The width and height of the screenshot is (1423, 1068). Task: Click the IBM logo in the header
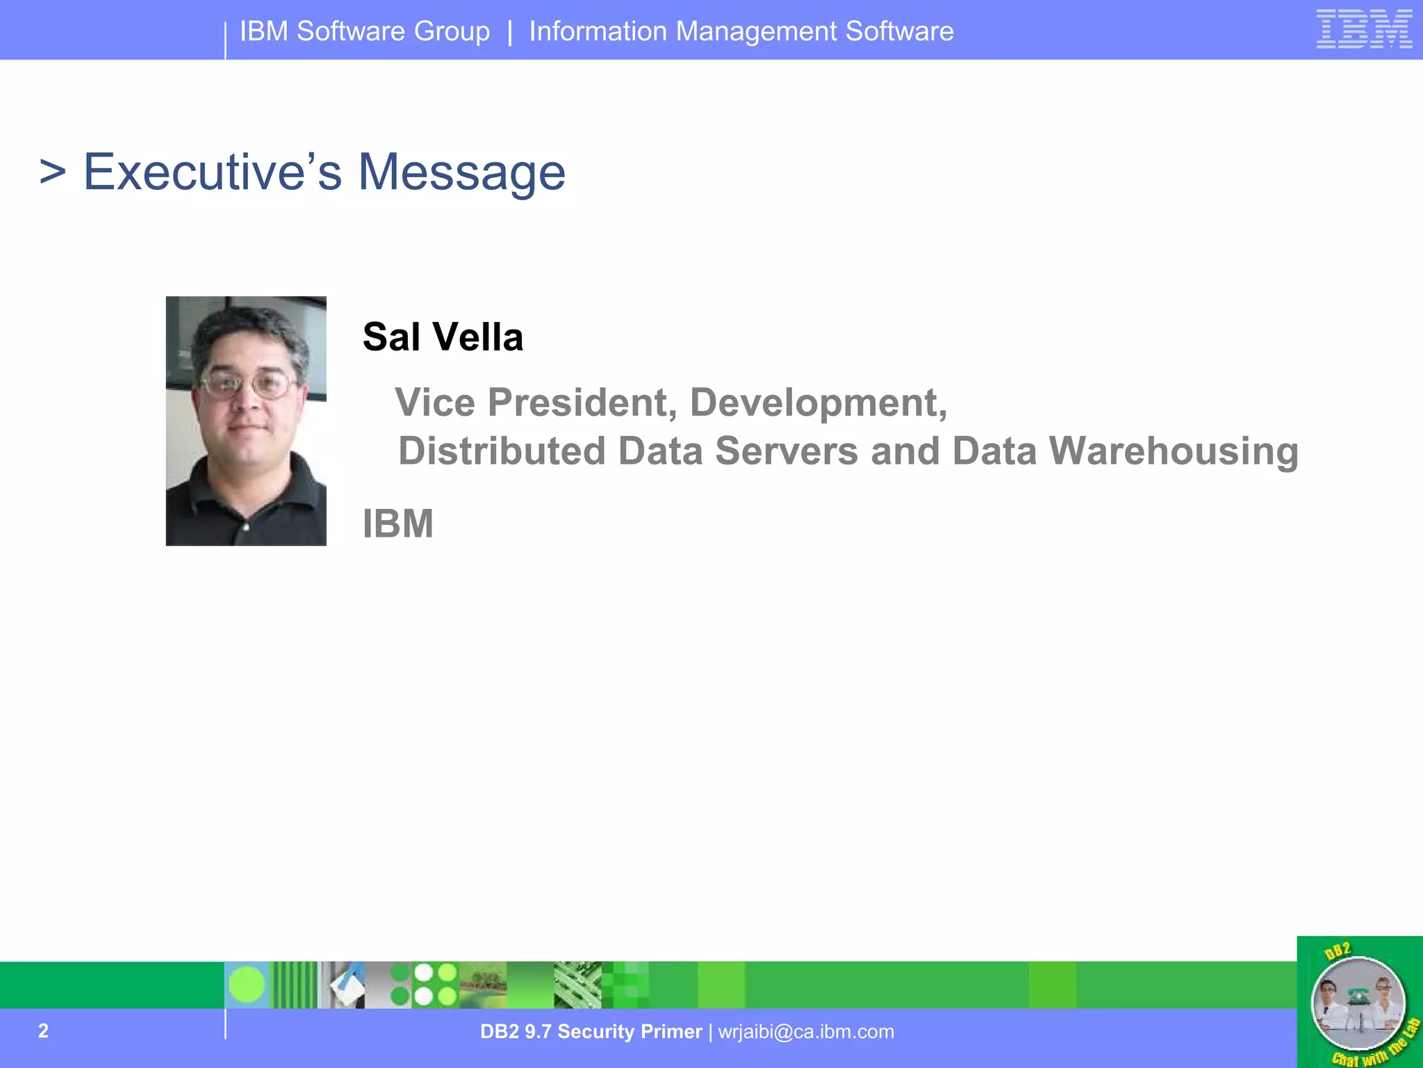[1364, 29]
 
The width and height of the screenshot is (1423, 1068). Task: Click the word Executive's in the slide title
[213, 172]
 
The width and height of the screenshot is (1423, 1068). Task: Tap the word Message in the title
[461, 173]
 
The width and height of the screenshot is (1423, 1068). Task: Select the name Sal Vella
[443, 337]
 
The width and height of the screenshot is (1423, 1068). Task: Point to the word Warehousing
[1174, 451]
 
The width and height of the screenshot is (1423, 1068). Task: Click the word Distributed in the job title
[502, 451]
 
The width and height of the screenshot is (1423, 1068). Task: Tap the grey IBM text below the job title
[398, 524]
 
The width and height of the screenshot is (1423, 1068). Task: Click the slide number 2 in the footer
[43, 1030]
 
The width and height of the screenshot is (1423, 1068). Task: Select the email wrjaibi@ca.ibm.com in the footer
[806, 1031]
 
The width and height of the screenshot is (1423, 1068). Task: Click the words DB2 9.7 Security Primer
[591, 1031]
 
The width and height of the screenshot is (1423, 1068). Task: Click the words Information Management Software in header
[741, 31]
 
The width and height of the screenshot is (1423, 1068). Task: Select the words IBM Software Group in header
[365, 31]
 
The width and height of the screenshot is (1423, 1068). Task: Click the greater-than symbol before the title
[53, 172]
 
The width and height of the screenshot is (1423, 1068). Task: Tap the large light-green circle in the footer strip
[247, 985]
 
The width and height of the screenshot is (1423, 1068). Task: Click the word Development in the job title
[818, 403]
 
